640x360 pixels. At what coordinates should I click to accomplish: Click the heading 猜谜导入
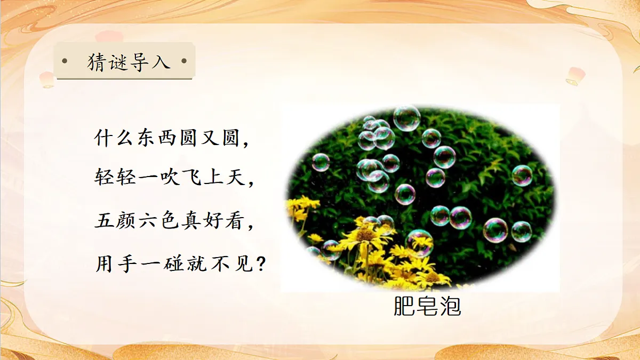tap(129, 62)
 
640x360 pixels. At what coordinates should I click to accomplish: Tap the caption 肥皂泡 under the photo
tap(427, 306)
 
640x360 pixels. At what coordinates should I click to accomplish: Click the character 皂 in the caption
tap(427, 306)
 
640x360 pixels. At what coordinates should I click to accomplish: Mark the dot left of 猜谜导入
tap(65, 61)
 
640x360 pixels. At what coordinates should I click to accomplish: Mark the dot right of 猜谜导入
tap(185, 61)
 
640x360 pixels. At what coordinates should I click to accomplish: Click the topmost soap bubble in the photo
tap(407, 118)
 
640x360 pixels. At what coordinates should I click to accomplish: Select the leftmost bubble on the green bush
tap(321, 162)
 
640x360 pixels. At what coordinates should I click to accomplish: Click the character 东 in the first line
tap(149, 140)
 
